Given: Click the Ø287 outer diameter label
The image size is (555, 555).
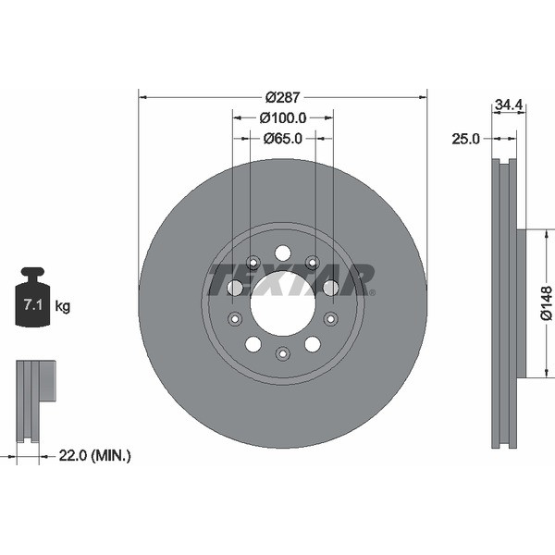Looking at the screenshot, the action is [283, 97].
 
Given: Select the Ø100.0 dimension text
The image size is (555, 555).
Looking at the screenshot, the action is [283, 117].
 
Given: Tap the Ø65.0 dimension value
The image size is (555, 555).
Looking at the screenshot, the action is [283, 139].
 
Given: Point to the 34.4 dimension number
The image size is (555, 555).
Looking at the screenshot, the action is [509, 105].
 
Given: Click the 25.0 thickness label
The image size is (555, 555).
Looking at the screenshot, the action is [465, 139].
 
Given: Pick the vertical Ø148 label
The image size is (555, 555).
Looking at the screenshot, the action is [547, 303].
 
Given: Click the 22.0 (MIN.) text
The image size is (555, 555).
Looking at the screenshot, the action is [94, 455].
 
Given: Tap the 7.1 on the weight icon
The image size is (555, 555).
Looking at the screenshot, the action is [33, 304].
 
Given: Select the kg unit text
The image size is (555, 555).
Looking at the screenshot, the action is [63, 306].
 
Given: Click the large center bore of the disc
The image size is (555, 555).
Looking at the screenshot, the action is [283, 303].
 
